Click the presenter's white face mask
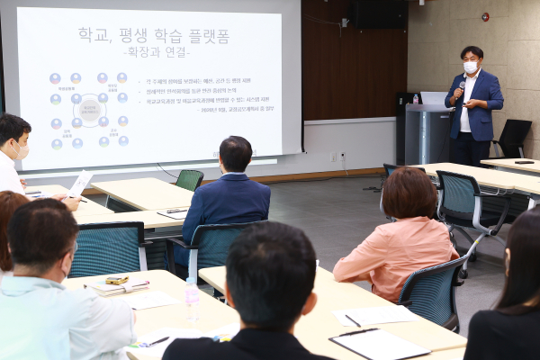pyautogui.click(x=470, y=67)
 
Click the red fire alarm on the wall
pyautogui.click(x=485, y=16)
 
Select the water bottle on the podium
pyautogui.click(x=415, y=98)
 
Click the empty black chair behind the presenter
pyautogui.click(x=513, y=138)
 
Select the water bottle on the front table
pyautogui.click(x=192, y=299)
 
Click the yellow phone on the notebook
pyautogui.click(x=117, y=281)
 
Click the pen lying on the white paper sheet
pyautogui.click(x=352, y=319)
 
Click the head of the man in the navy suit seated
pyautogui.click(x=236, y=155)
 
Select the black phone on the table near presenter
pyautogui.click(x=524, y=162)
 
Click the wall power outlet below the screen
pyautogui.click(x=333, y=157)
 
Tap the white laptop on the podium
pyautogui.click(x=434, y=98)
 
